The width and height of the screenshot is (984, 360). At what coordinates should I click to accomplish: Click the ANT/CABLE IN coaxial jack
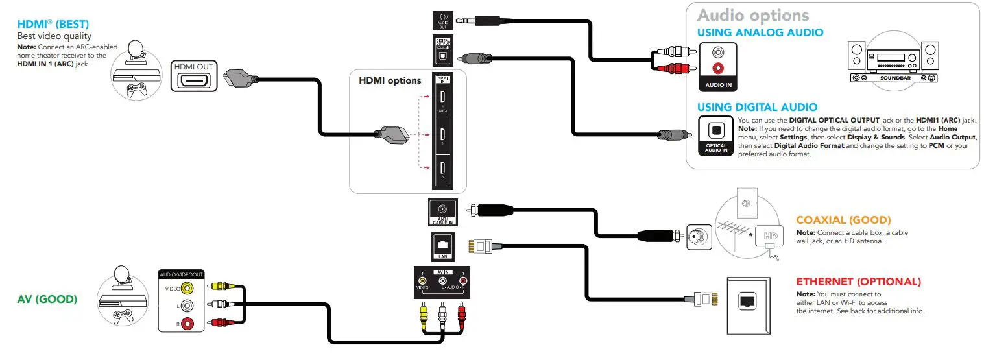pyautogui.click(x=442, y=210)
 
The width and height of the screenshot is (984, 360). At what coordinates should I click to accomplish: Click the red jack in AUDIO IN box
pyautogui.click(x=717, y=67)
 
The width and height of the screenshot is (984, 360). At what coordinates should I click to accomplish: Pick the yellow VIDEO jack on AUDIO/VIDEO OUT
pyautogui.click(x=187, y=289)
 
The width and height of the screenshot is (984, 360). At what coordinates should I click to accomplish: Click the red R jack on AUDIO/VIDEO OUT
pyautogui.click(x=187, y=322)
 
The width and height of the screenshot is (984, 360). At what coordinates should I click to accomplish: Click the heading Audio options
pyautogui.click(x=753, y=15)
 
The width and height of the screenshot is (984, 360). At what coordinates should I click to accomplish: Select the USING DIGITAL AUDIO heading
pyautogui.click(x=757, y=107)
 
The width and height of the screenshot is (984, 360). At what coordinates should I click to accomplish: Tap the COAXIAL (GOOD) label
pyautogui.click(x=843, y=221)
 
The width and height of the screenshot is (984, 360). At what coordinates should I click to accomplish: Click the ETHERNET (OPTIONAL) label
pyautogui.click(x=858, y=282)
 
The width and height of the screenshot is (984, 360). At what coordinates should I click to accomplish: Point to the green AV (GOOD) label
pyautogui.click(x=47, y=299)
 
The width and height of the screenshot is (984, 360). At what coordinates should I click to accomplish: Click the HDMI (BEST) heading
pyautogui.click(x=48, y=24)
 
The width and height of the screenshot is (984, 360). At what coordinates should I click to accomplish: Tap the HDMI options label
pyautogui.click(x=390, y=81)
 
